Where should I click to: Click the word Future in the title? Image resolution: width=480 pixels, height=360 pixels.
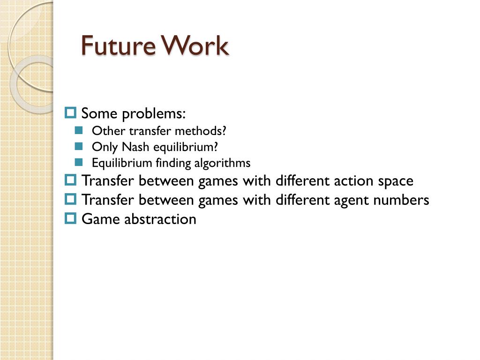[119, 45]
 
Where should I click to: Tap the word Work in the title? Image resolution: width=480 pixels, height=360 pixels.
[195, 45]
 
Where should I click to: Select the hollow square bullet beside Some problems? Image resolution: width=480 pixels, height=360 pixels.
[70, 112]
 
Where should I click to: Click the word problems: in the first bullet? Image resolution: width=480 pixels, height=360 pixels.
[154, 114]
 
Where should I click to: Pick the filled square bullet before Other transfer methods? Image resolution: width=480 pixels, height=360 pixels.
[79, 130]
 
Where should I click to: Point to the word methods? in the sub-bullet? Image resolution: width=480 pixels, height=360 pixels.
[201, 131]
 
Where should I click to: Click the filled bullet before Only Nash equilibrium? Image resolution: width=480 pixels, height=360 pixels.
[79, 146]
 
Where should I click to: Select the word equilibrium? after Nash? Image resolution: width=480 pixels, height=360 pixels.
[186, 147]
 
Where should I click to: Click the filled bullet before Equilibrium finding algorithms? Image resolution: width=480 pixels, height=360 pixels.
[79, 162]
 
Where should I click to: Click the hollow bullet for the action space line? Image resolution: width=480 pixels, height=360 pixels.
[70, 180]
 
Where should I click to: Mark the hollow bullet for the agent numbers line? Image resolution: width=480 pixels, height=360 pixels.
[70, 199]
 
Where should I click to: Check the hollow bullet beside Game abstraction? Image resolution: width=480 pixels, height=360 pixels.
[70, 218]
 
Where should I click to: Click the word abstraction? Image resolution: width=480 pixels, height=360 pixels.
[160, 219]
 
